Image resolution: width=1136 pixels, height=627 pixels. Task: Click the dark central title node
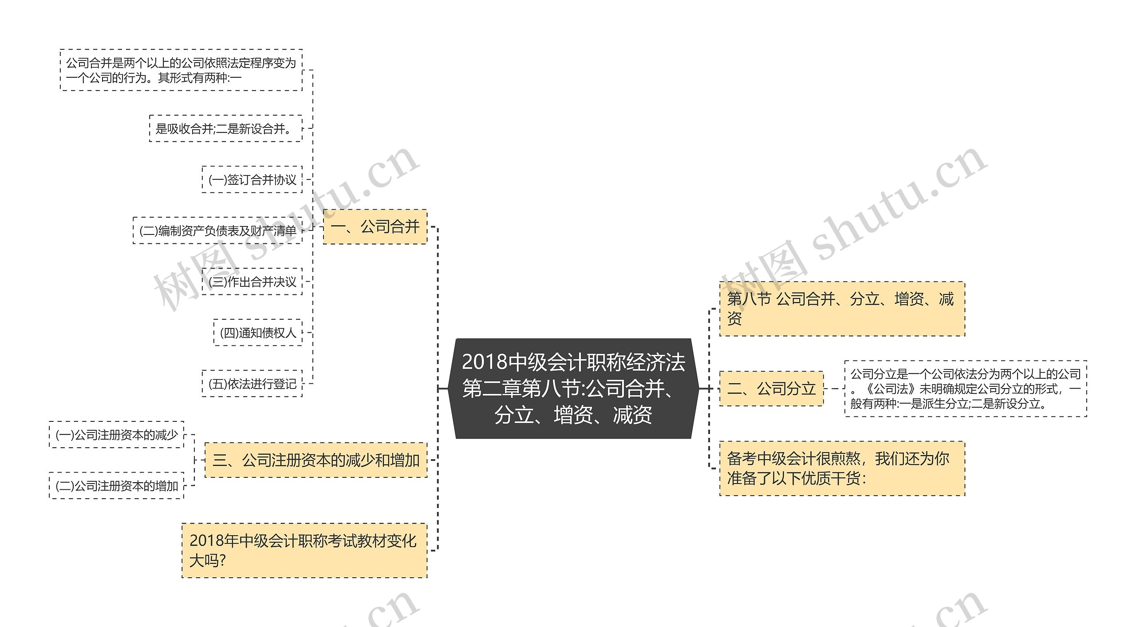point(573,389)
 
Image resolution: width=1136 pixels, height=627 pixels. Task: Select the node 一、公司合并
point(375,227)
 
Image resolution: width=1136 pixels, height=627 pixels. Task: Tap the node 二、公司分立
point(771,389)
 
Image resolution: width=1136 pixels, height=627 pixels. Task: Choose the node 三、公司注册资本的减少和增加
point(316,460)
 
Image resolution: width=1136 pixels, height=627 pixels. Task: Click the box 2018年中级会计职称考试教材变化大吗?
point(304,551)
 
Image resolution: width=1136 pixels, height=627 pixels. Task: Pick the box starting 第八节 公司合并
point(842,309)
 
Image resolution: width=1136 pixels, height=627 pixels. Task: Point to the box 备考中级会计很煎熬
point(842,468)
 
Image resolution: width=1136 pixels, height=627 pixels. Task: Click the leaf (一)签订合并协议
point(252,179)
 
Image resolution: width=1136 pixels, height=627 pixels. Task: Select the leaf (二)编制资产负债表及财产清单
point(217,230)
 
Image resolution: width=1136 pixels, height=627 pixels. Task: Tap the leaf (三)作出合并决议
point(252,282)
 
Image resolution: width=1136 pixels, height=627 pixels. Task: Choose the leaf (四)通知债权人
point(258,333)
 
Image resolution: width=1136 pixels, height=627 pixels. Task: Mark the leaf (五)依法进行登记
point(252,384)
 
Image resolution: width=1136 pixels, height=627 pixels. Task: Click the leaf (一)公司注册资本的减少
point(117,435)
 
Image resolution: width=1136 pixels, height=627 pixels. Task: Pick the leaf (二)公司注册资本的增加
point(117,486)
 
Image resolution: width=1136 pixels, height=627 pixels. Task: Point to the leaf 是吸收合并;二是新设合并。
point(226,129)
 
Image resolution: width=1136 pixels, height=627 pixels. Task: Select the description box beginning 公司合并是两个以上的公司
point(181,70)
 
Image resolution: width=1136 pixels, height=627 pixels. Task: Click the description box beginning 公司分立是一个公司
point(966,389)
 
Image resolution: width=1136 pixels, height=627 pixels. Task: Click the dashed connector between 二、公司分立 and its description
point(834,389)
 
